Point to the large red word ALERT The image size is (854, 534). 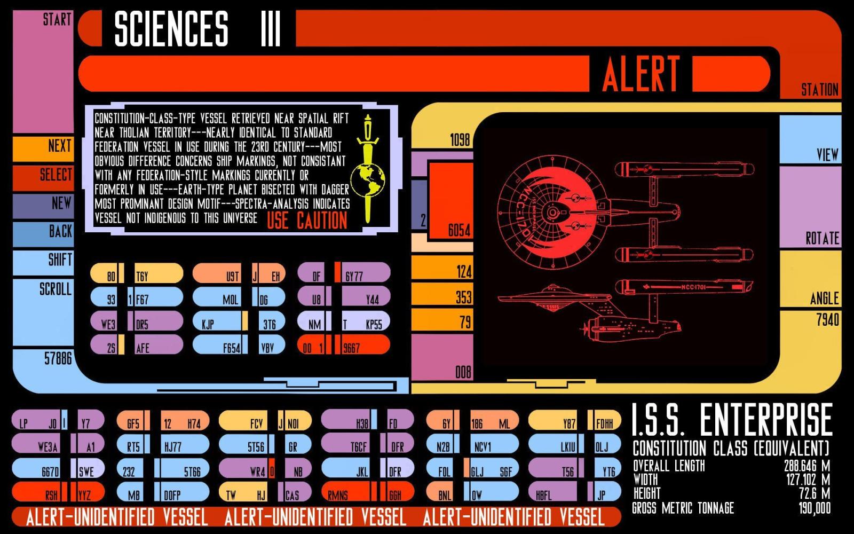[x=641, y=74]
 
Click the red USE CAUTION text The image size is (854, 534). [x=307, y=220]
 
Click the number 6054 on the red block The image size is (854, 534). [x=459, y=231]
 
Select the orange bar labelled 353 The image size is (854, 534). [x=442, y=297]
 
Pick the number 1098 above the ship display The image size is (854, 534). [x=460, y=140]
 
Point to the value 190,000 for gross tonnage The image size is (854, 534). [x=815, y=508]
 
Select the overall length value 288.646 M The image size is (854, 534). [x=806, y=466]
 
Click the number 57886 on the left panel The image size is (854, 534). [x=58, y=358]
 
